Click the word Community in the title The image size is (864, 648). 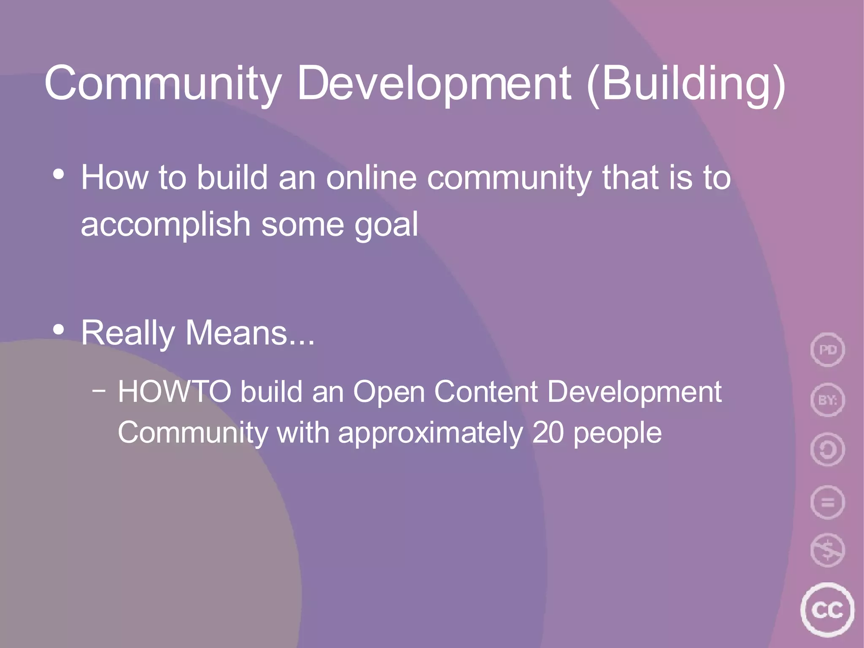162,84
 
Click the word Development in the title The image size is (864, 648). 434,84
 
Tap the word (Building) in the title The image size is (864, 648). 686,84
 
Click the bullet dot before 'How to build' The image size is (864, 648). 59,174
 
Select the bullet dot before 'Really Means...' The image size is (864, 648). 59,329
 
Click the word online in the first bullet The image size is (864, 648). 371,178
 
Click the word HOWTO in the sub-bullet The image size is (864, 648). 174,392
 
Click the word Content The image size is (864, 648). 486,392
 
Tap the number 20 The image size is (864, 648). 548,433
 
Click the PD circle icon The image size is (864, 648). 827,350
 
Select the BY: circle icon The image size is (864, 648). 827,400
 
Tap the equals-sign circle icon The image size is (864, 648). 827,502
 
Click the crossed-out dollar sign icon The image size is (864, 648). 827,550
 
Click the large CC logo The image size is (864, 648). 827,610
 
